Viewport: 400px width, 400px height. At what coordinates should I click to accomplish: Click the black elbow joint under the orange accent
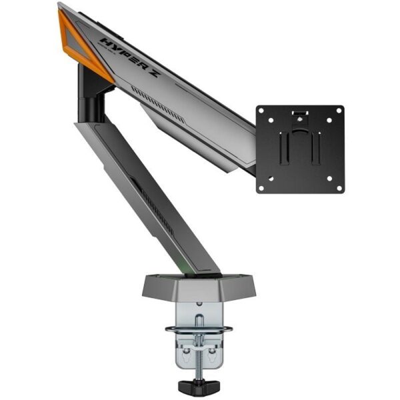pos(91,93)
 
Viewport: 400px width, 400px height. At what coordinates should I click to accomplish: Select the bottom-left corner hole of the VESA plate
pos(263,187)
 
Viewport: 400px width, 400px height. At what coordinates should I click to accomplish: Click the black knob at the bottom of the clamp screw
pos(199,385)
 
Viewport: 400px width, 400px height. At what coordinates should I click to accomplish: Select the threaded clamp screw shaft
pos(199,347)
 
